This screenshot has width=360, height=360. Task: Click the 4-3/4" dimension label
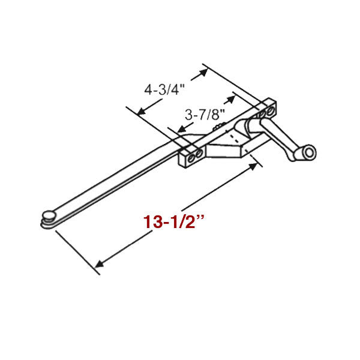pos(163,90)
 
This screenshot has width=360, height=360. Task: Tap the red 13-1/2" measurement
pos(174,221)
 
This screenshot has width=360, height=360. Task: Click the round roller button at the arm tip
pos(48,214)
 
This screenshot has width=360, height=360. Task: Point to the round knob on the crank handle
pos(308,155)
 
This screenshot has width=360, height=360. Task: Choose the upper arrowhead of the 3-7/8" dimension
pos(230,97)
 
